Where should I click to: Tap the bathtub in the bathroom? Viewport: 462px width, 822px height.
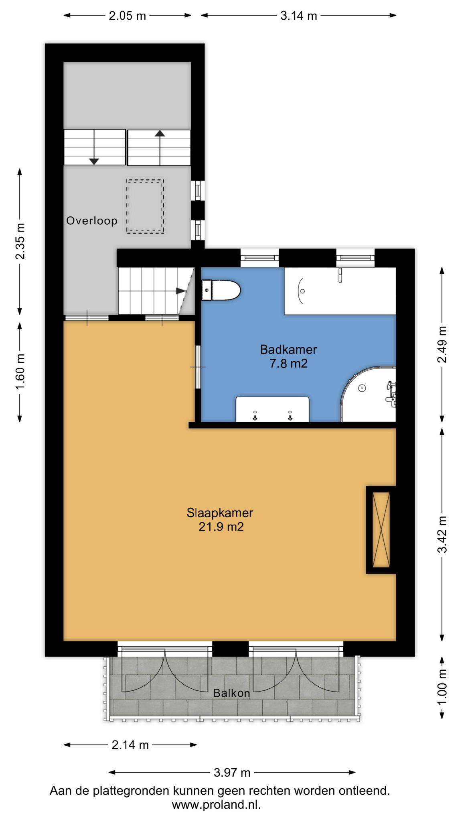(340, 291)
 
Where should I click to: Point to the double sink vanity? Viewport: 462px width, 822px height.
(272, 409)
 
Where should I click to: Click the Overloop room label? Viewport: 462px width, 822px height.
(92, 221)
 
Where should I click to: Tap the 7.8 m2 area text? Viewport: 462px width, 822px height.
(288, 364)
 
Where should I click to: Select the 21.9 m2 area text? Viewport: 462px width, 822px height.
(221, 527)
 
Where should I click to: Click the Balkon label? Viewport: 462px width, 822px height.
(231, 693)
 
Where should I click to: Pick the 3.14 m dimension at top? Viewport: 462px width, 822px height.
(298, 16)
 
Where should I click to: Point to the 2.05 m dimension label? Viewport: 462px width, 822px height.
(128, 16)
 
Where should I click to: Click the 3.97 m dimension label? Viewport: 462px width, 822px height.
(232, 772)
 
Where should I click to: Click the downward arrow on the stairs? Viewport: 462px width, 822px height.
(94, 147)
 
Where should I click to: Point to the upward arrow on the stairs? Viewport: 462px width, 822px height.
(160, 147)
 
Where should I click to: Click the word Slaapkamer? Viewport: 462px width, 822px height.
(220, 513)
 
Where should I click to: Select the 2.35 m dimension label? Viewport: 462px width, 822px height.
(20, 242)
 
